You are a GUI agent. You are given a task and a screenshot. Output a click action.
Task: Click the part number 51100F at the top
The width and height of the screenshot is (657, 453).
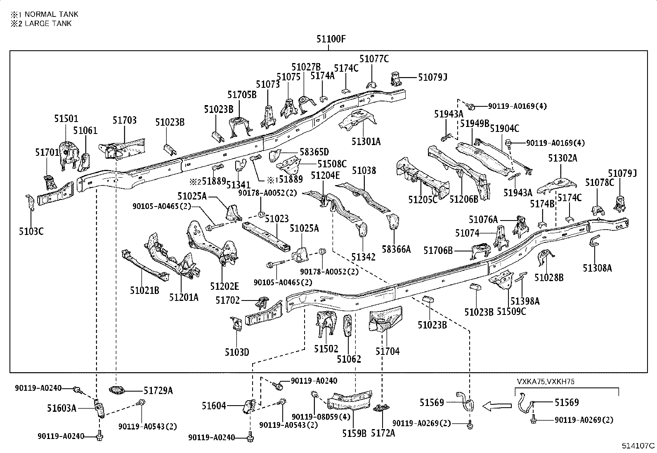[331, 39]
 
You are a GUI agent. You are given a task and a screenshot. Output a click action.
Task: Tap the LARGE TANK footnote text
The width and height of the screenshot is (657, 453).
[47, 23]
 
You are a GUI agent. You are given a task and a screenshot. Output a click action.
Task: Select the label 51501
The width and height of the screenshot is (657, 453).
[66, 119]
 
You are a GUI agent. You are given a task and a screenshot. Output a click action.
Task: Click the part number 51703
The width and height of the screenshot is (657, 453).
[124, 120]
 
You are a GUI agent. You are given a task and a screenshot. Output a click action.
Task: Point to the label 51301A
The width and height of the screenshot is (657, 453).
[366, 141]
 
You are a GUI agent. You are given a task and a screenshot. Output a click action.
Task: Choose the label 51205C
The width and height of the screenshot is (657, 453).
[423, 200]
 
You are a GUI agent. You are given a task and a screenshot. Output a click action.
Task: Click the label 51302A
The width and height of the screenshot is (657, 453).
[562, 157]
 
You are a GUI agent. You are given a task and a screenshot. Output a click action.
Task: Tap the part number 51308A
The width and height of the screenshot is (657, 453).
[597, 268]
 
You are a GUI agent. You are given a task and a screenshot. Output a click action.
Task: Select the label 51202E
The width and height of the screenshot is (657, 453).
[224, 286]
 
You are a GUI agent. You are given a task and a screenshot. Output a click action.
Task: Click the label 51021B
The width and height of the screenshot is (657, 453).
[144, 291]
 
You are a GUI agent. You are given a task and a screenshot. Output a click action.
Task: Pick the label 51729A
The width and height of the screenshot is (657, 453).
[158, 390]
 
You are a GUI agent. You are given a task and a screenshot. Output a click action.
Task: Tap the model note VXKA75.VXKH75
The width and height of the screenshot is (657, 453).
[545, 382]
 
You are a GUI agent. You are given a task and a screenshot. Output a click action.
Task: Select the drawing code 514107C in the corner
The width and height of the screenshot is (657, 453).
[638, 446]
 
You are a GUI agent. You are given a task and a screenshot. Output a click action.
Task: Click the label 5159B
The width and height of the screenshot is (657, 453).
[354, 433]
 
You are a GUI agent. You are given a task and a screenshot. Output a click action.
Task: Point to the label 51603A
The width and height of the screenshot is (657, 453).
[61, 408]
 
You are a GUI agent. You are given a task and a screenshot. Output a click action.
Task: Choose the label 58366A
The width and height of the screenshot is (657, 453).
[396, 249]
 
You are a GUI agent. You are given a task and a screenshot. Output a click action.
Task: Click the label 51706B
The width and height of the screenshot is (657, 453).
[438, 250]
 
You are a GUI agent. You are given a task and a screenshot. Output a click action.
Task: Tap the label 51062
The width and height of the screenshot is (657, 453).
[349, 359]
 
